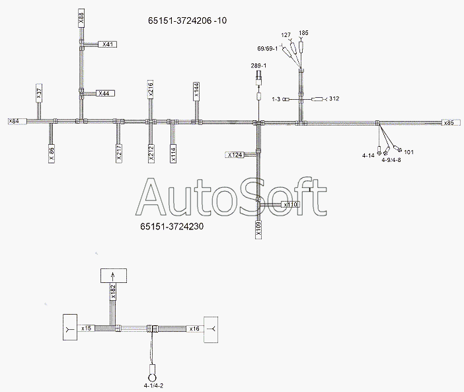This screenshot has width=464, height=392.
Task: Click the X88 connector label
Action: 81,19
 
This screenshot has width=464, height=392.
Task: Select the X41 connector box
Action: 108,44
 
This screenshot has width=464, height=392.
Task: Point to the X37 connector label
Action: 40,93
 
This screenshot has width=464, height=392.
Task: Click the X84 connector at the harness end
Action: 17,121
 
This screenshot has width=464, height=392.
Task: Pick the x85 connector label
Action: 451,122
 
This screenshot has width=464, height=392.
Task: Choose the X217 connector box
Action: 119,153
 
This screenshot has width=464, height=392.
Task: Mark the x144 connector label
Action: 196,91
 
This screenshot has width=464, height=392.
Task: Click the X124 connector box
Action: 235,155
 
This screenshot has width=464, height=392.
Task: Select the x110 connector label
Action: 290,204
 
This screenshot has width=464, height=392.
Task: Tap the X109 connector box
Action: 258,229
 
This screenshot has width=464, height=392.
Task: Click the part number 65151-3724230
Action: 172,227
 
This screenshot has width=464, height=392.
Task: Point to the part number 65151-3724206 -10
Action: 187,20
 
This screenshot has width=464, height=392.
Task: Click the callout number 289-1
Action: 258,65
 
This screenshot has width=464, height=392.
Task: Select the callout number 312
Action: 334,98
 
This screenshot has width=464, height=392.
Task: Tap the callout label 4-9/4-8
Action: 391,160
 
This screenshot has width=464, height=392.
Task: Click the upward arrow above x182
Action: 112,276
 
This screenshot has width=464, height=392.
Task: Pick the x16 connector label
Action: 194,329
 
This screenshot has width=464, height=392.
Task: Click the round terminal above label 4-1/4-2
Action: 153,378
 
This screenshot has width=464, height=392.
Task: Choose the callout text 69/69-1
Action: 268,48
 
